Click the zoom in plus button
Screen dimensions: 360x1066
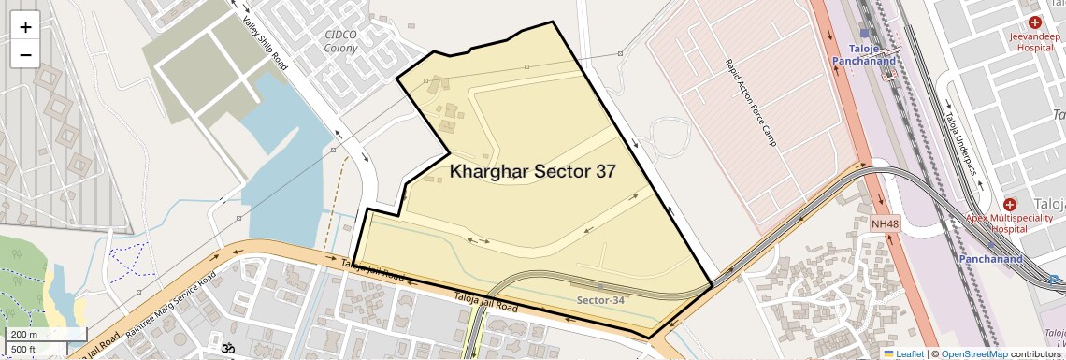(x=25, y=27)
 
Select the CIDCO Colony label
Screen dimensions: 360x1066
(x=340, y=43)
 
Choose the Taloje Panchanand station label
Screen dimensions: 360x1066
(x=864, y=54)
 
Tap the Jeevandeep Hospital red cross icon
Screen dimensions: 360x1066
(x=1034, y=22)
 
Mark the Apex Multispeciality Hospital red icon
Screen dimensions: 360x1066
(x=1009, y=204)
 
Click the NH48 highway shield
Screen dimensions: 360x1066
(x=884, y=224)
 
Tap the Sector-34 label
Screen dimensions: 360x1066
(x=600, y=300)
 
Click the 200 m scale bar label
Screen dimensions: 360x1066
(x=24, y=334)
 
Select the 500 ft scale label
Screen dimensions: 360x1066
(x=24, y=350)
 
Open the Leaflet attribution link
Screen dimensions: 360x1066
(x=902, y=353)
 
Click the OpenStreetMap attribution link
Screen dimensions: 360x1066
(x=973, y=353)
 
